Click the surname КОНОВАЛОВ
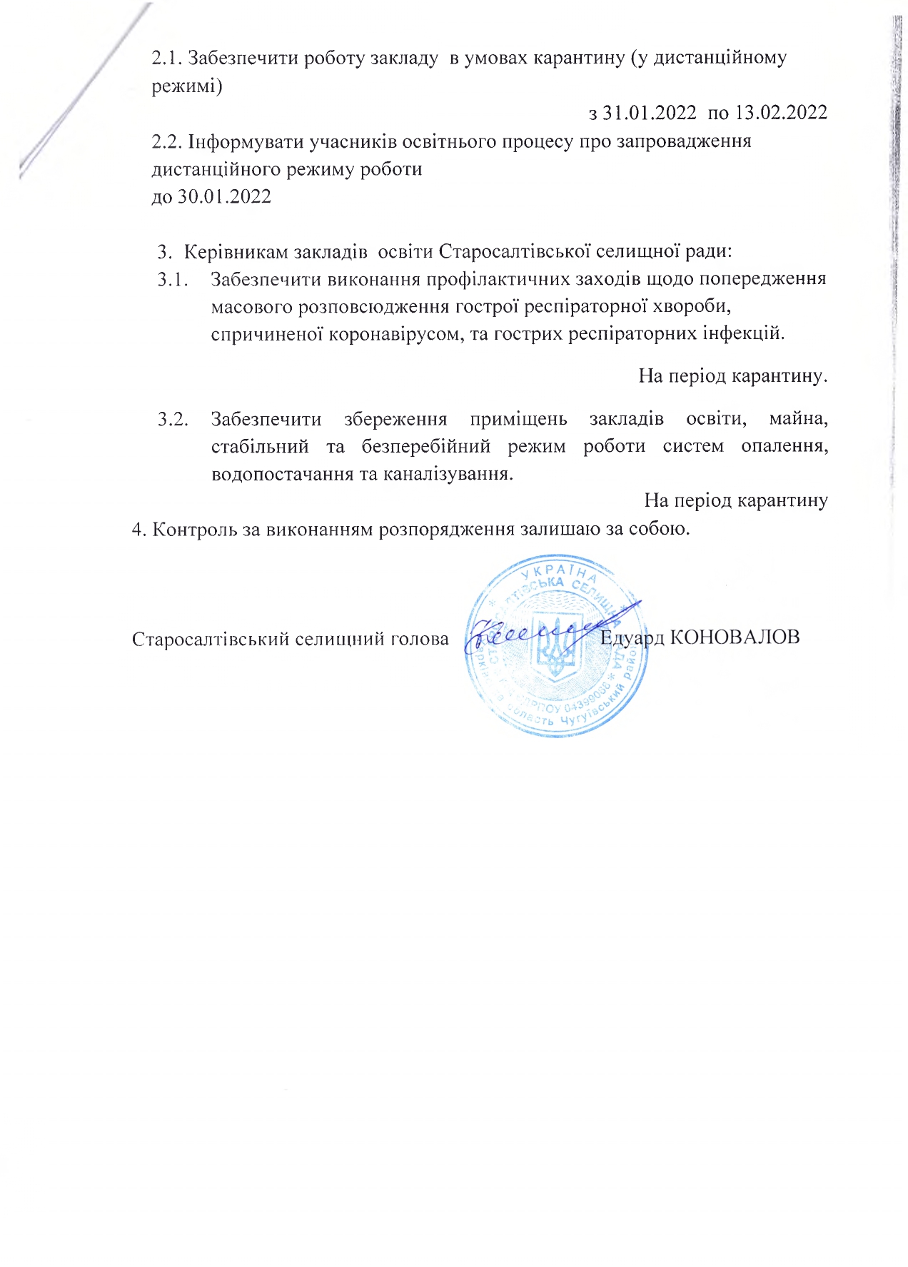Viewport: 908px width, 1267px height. pyautogui.click(x=735, y=637)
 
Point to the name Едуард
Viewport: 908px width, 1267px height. pyautogui.click(x=632, y=637)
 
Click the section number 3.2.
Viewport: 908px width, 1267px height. pyautogui.click(x=173, y=419)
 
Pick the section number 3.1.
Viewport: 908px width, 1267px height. pyautogui.click(x=173, y=279)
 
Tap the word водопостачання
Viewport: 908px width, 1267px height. pyautogui.click(x=283, y=474)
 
